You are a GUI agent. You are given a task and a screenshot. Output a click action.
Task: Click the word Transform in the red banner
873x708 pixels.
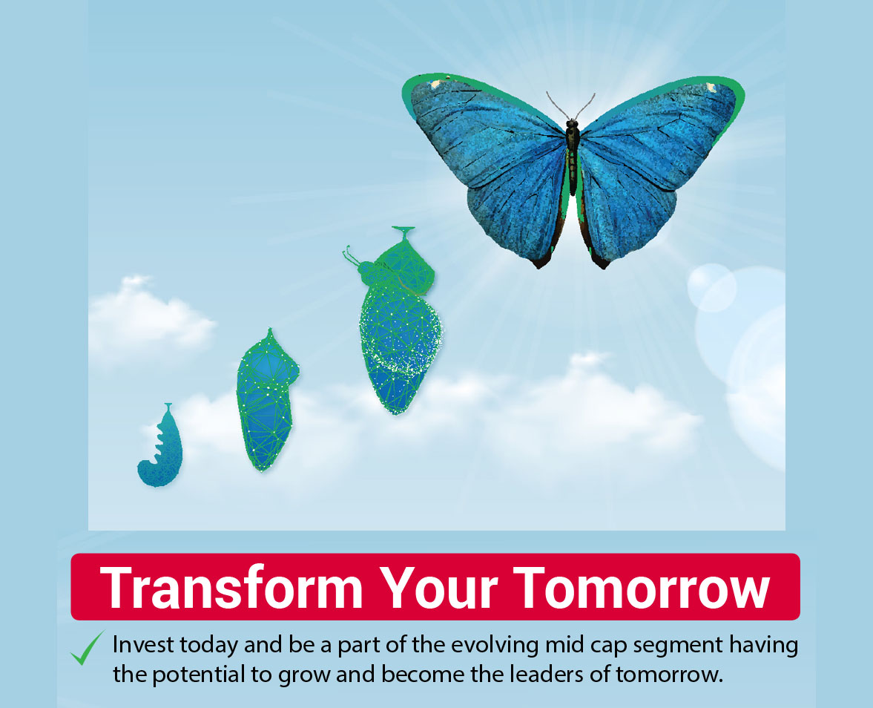[231, 588]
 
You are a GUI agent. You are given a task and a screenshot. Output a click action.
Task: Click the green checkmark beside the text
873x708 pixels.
[87, 649]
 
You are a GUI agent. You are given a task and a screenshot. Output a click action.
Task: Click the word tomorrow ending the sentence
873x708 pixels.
[669, 675]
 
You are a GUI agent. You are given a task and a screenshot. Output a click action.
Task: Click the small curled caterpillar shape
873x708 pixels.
[160, 445]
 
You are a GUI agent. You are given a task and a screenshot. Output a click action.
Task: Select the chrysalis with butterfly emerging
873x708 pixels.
[396, 321]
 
